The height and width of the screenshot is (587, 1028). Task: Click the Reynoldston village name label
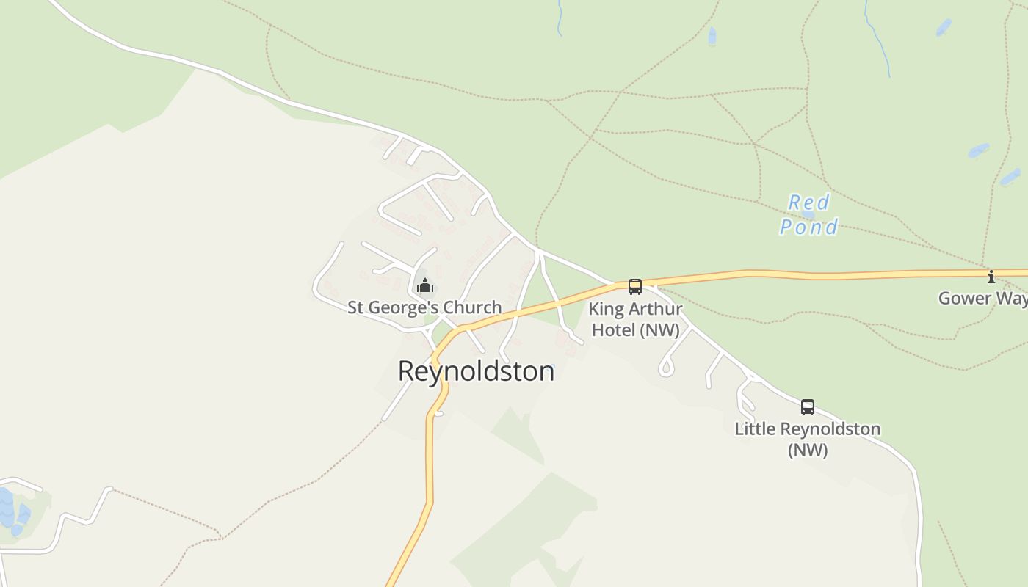(476, 371)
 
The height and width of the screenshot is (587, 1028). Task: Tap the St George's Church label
(424, 307)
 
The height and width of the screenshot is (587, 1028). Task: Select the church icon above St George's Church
(425, 285)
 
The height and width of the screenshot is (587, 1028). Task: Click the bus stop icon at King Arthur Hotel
(635, 287)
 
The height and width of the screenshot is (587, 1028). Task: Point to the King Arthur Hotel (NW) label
(635, 319)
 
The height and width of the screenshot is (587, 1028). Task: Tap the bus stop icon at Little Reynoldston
(808, 406)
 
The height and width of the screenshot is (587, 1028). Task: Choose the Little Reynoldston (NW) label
(808, 439)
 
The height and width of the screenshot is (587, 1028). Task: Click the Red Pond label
(808, 214)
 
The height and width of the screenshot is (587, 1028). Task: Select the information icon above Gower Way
(991, 277)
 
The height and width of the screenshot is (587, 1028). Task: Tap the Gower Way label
(982, 298)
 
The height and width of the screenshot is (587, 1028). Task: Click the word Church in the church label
(473, 307)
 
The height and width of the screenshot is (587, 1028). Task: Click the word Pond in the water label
(808, 227)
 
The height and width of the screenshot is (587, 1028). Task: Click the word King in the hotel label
(604, 309)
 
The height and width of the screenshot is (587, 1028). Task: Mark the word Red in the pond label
(809, 202)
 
